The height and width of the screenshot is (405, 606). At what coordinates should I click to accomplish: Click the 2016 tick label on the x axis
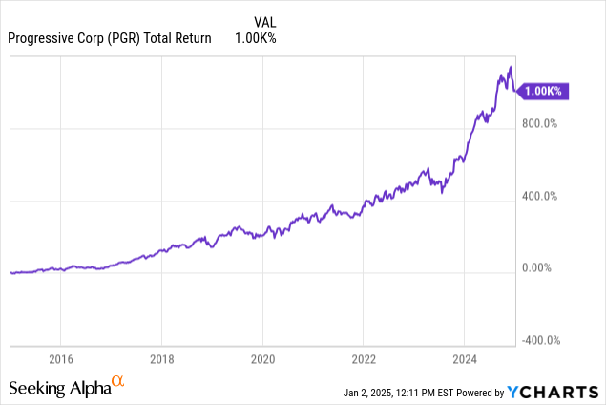click(60, 360)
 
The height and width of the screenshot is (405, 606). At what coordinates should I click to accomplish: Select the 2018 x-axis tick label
click(161, 360)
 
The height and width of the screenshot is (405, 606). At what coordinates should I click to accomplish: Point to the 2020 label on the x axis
click(262, 360)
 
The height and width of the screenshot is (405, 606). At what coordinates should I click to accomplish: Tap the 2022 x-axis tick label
click(363, 360)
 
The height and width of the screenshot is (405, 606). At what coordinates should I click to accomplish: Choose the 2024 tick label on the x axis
click(464, 360)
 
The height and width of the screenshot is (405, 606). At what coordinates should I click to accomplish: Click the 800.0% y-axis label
click(542, 124)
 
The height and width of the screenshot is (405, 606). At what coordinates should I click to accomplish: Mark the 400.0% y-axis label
click(542, 197)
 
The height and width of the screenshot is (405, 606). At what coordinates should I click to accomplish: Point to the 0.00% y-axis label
click(540, 268)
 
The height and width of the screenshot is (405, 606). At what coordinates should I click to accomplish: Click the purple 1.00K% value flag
click(545, 91)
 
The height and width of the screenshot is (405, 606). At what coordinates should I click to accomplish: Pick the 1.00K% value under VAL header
click(255, 38)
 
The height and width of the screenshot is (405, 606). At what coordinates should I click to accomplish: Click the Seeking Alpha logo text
click(59, 389)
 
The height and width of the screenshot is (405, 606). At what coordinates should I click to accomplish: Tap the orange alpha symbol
click(118, 383)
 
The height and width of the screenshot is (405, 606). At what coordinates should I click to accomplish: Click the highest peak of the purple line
click(511, 67)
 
